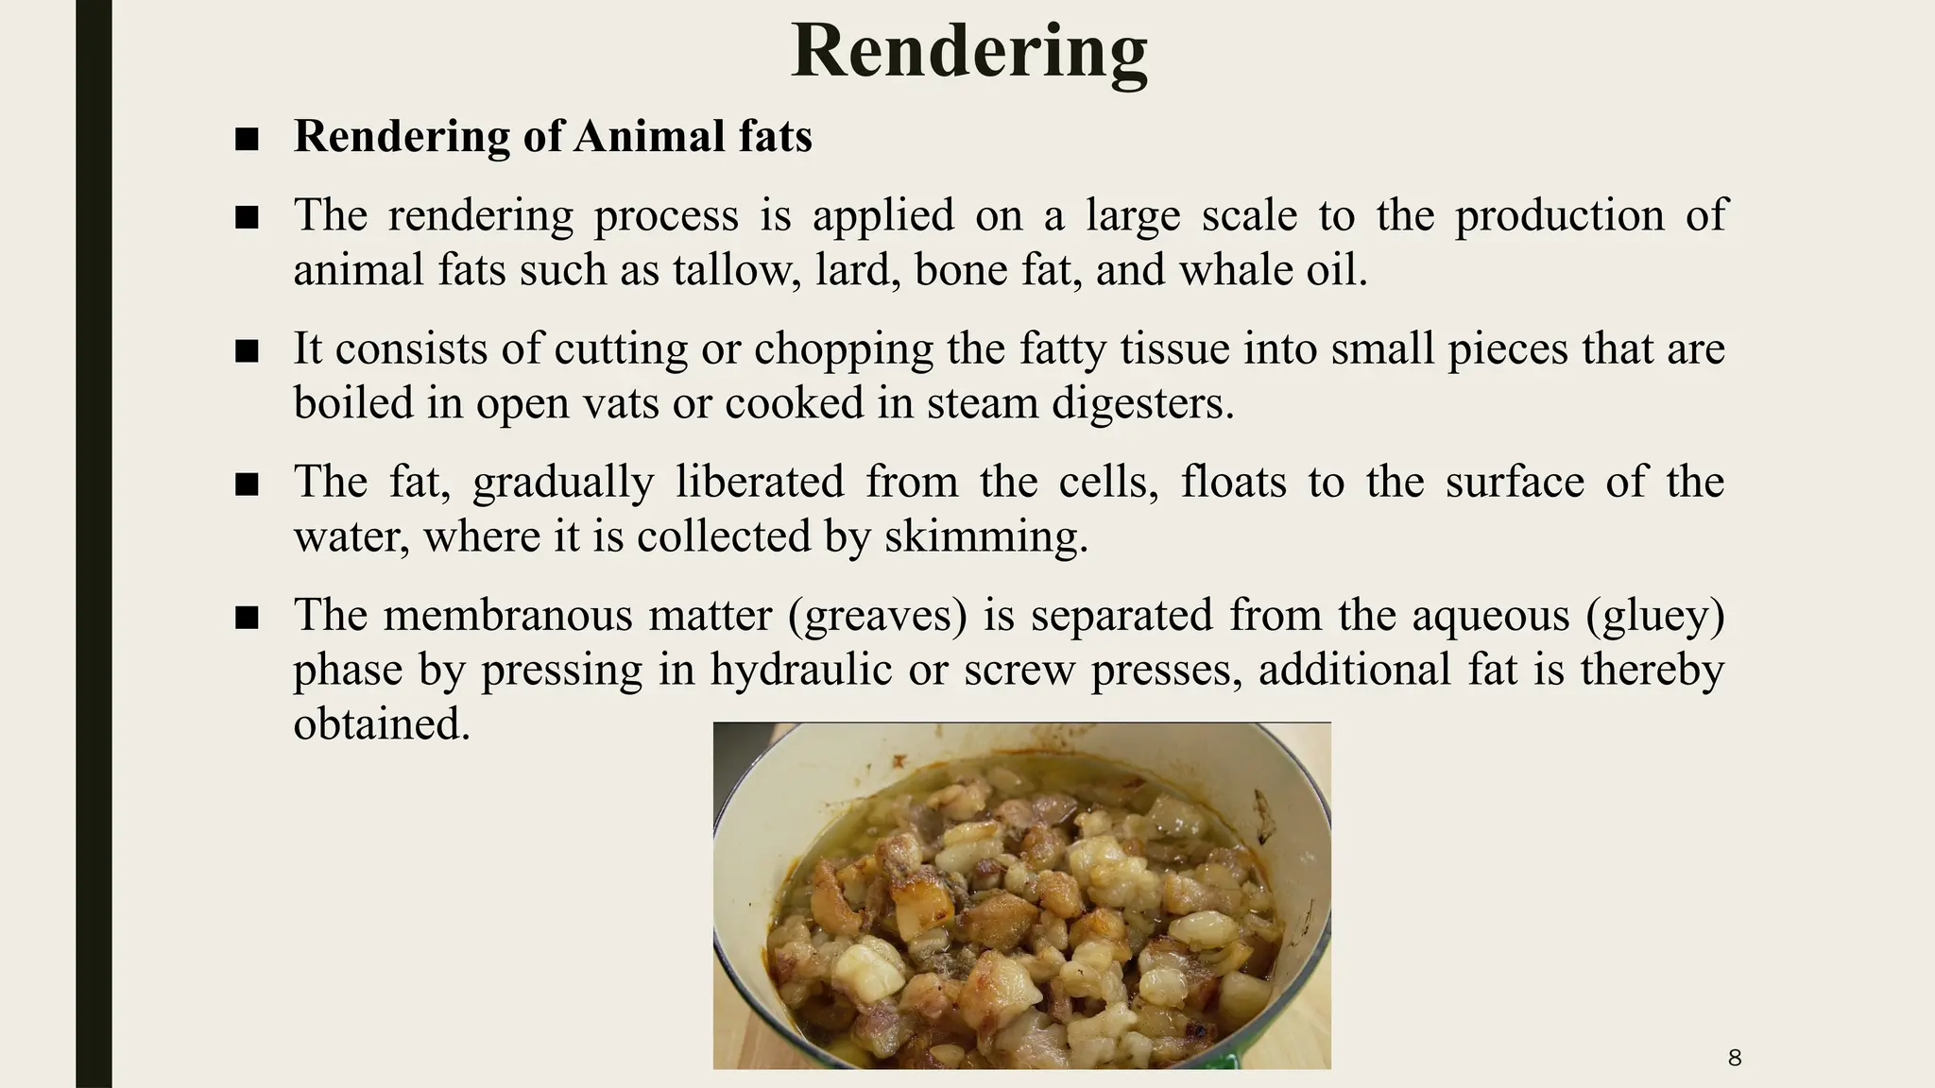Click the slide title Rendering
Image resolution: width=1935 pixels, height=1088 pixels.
(x=969, y=51)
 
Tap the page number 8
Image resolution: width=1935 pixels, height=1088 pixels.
(x=1734, y=1058)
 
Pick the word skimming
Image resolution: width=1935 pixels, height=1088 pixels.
(x=986, y=537)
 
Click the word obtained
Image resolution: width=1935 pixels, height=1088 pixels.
(x=382, y=725)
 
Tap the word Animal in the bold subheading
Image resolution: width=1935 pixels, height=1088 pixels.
(x=635, y=136)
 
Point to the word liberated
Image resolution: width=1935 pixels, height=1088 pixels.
(x=760, y=483)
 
